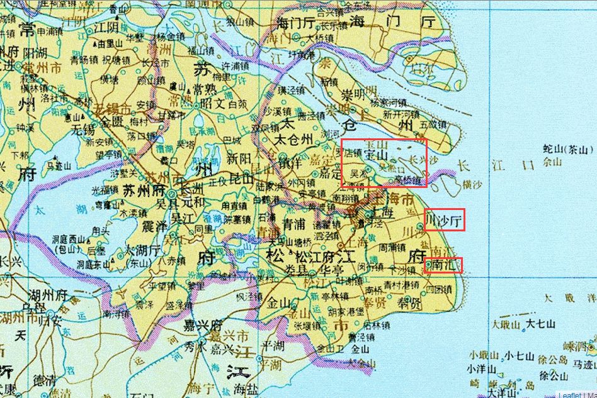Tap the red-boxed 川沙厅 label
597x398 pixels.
[x=444, y=220]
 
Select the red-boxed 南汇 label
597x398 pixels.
[x=443, y=265]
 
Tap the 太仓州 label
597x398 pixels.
[x=292, y=140]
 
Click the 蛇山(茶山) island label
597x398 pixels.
[x=564, y=149]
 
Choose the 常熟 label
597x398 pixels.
[x=206, y=90]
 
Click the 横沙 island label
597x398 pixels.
[x=473, y=184]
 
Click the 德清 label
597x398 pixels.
[x=44, y=380]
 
